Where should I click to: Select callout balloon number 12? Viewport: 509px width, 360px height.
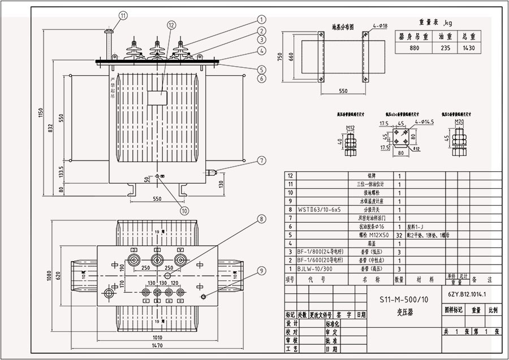click(x=171, y=25)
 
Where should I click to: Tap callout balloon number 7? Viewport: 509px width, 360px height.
click(x=261, y=161)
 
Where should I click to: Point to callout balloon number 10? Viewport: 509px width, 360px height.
click(x=184, y=211)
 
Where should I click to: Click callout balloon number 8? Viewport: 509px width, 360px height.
click(x=261, y=219)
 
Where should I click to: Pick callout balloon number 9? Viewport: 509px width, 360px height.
click(x=261, y=271)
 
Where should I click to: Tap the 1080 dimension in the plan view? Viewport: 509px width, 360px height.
click(x=49, y=276)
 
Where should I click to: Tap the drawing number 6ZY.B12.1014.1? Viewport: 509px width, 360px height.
click(x=467, y=294)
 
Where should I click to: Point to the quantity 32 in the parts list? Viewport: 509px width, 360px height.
click(x=399, y=235)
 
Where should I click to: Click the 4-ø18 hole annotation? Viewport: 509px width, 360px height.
click(x=380, y=26)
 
